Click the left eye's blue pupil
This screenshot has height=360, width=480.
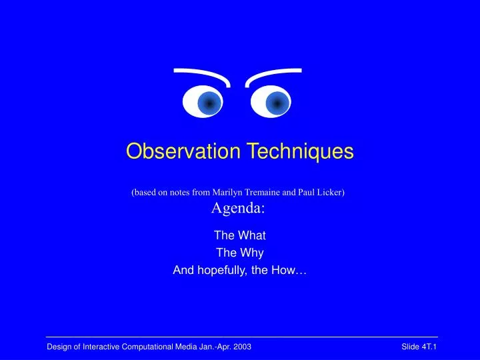pos(209,103)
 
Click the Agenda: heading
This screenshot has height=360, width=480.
pos(239,208)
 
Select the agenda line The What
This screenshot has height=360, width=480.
pos(239,235)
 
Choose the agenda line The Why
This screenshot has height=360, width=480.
pos(239,253)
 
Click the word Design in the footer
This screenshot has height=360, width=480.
pos(58,347)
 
